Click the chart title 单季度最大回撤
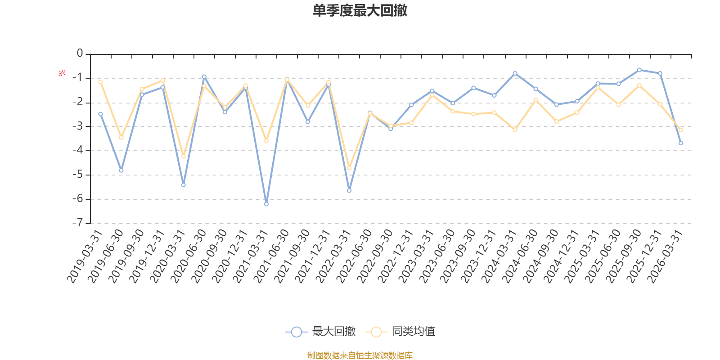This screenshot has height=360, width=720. tap(360, 10)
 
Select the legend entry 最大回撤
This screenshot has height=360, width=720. tap(320, 331)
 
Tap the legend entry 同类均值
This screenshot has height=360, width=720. tap(400, 331)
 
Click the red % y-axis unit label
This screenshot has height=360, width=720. tap(62, 73)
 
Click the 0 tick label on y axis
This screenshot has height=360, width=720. tap(80, 53)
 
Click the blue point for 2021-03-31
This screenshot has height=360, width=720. tap(266, 204)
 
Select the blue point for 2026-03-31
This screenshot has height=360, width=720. tap(681, 143)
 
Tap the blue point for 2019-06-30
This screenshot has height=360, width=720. tap(121, 171)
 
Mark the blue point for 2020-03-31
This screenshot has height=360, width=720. tap(184, 185)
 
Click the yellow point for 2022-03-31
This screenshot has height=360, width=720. tap(349, 168)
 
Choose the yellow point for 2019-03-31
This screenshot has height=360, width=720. tap(101, 82)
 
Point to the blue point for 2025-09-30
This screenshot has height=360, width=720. tap(639, 70)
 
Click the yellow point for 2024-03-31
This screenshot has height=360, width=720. tap(515, 130)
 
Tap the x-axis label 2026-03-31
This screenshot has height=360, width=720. tap(665, 256)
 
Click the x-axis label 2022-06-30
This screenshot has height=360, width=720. tap(354, 256)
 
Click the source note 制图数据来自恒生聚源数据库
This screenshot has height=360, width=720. tap(360, 355)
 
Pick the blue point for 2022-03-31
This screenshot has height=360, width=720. tap(349, 191)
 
